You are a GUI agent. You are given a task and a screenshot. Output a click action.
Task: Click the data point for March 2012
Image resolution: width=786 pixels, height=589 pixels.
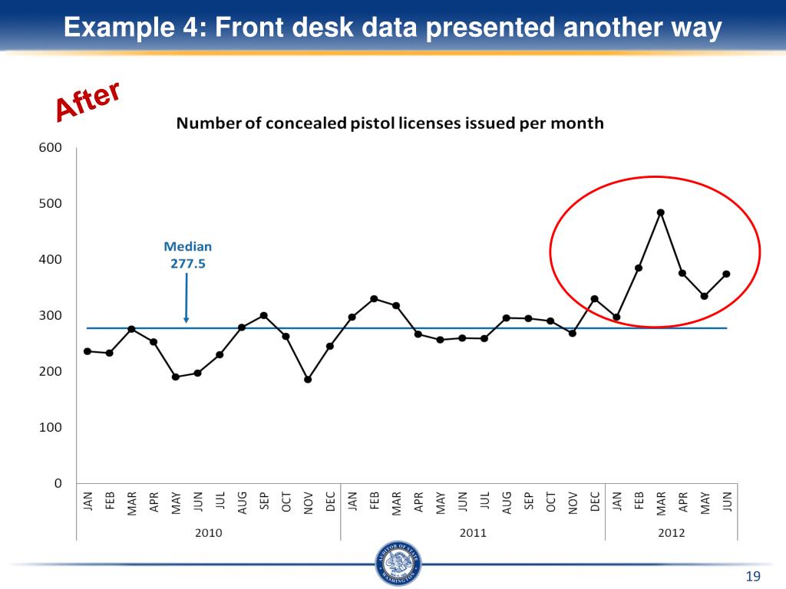pos(660,212)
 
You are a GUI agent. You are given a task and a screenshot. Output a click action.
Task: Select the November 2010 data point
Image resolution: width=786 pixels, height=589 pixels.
pos(308,379)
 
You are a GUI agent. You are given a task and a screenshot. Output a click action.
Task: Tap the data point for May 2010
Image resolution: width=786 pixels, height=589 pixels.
pos(176,377)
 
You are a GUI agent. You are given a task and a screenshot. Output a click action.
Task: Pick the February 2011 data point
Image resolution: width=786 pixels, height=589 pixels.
pos(374,299)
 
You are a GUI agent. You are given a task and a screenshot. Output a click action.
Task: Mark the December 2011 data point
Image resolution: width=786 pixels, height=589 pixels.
pos(594,299)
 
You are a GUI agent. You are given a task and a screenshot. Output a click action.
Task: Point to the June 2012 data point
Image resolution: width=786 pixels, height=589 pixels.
pos(726,274)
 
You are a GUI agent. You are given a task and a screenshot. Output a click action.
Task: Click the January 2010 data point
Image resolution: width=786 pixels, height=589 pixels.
pos(88,351)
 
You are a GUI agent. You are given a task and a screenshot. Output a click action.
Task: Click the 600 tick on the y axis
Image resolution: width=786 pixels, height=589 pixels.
pos(50,148)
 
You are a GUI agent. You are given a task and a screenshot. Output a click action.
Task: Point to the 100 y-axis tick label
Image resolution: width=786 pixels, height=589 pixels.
pos(50,427)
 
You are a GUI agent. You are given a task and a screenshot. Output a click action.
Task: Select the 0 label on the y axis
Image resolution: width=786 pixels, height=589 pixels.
pos(56,483)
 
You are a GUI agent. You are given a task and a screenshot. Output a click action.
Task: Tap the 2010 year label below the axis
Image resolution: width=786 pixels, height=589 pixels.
pos(208,532)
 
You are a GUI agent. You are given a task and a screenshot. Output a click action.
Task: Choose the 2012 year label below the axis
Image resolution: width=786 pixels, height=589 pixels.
pos(671,532)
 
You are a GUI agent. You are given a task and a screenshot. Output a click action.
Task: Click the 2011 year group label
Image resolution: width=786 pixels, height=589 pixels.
pos(473,532)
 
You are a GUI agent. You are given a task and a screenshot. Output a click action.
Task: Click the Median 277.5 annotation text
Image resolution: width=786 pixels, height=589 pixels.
pos(187,255)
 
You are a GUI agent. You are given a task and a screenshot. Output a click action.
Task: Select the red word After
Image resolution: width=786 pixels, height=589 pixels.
pos(88,102)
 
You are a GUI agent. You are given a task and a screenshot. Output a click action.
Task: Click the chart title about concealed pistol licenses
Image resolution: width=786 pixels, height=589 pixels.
pos(390,123)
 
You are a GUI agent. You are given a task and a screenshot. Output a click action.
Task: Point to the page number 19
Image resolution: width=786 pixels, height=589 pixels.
pos(752,577)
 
